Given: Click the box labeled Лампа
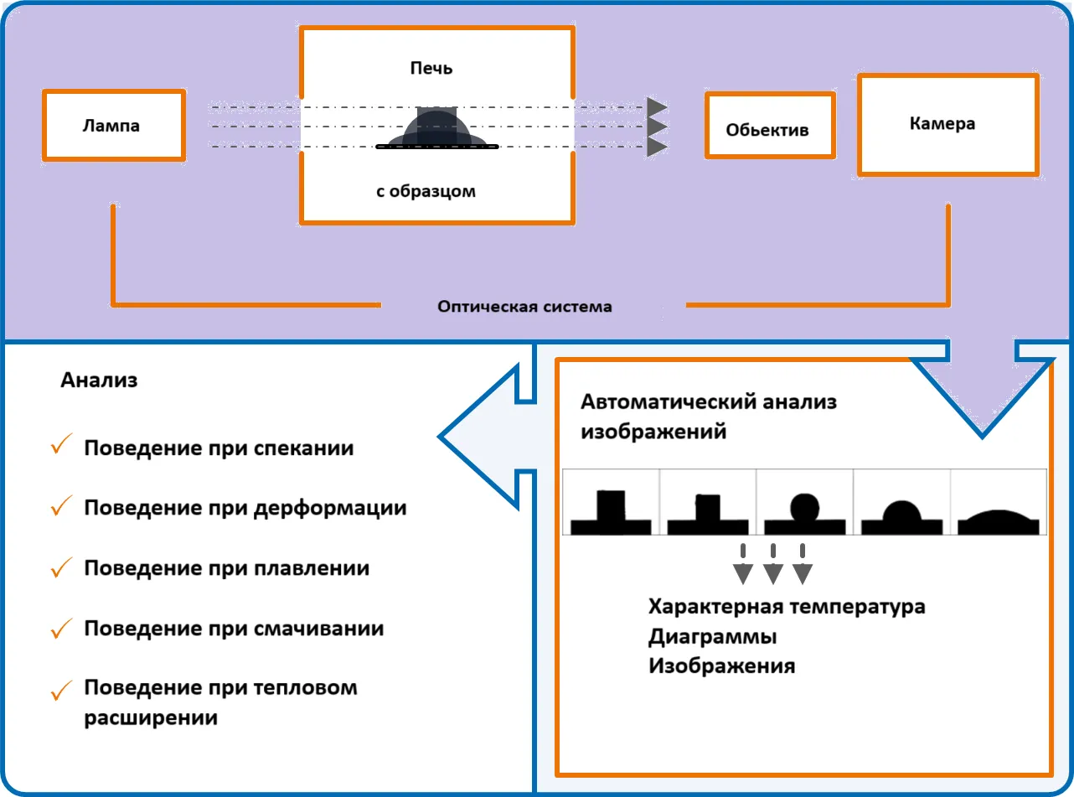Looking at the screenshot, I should pyautogui.click(x=113, y=126).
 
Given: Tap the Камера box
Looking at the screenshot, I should pyautogui.click(x=948, y=124).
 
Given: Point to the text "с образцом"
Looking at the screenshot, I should pyautogui.click(x=426, y=191).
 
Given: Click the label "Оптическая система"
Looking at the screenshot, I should pyautogui.click(x=524, y=307).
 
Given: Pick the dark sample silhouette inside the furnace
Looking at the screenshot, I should pyautogui.click(x=436, y=130).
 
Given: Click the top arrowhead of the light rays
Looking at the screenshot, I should pyautogui.click(x=656, y=107).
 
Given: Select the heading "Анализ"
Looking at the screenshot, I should pyautogui.click(x=99, y=380).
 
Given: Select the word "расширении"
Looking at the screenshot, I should pyautogui.click(x=151, y=718).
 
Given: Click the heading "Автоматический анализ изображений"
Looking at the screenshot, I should pyautogui.click(x=708, y=417).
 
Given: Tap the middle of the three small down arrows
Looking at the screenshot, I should pyautogui.click(x=772, y=567).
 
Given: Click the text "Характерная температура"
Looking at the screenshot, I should pyautogui.click(x=787, y=607).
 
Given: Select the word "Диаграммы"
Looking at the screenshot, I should pyautogui.click(x=712, y=637).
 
